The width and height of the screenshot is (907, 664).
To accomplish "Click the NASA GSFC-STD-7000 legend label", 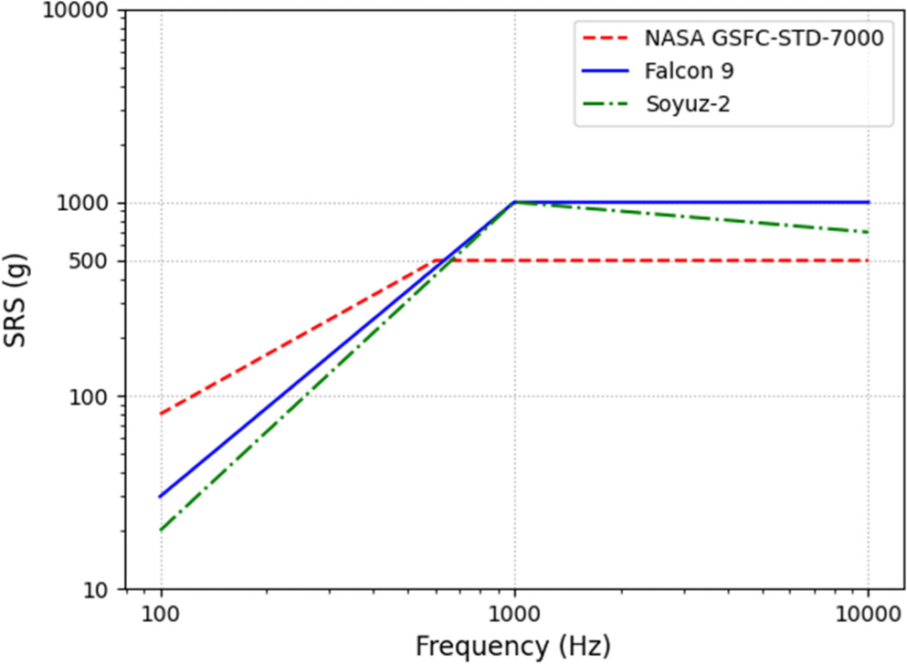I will coord(764,38).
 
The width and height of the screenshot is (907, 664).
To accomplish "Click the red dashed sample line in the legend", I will coord(607,38).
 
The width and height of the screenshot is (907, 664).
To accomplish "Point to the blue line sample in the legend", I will coord(607,70).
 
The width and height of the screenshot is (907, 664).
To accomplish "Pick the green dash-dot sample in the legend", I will coord(607,103).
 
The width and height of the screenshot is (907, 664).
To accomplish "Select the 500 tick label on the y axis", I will coord(96,261).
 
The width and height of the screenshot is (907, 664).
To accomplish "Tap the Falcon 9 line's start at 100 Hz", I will coord(162,497).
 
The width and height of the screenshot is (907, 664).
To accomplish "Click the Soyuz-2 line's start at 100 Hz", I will coord(162,531).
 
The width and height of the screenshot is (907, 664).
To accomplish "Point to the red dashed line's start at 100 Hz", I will coord(162,414).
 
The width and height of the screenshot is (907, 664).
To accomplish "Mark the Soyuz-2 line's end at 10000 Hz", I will coord(868,232).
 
